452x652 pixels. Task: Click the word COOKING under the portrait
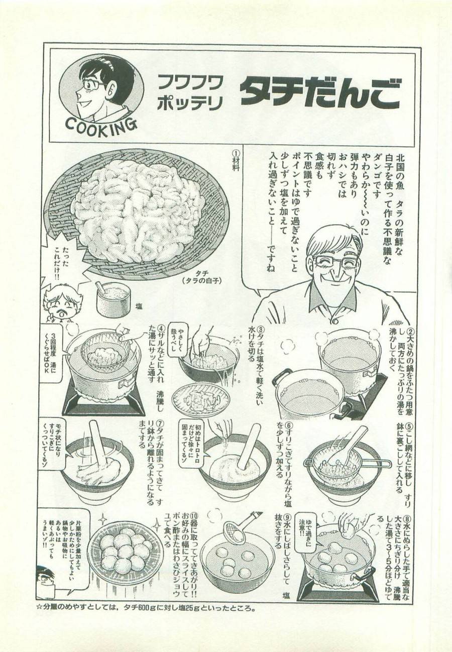(x=101, y=125)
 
